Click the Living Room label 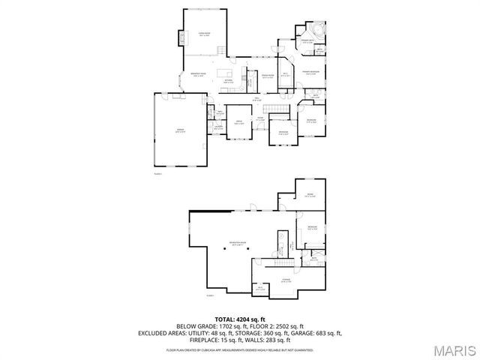click(204, 34)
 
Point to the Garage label click(179, 130)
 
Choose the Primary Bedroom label click(311, 73)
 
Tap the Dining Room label click(267, 76)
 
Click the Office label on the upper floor click(239, 122)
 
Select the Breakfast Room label click(199, 75)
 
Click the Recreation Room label click(238, 244)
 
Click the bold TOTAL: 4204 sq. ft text click(239, 319)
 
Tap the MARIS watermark click(453, 349)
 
